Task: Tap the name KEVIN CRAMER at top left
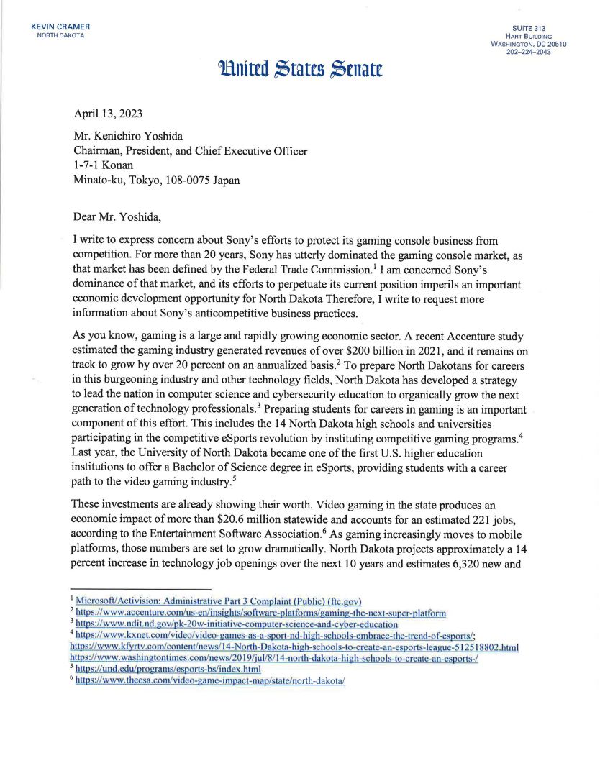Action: (60, 27)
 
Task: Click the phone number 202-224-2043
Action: (529, 52)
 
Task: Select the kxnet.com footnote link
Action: (273, 636)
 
